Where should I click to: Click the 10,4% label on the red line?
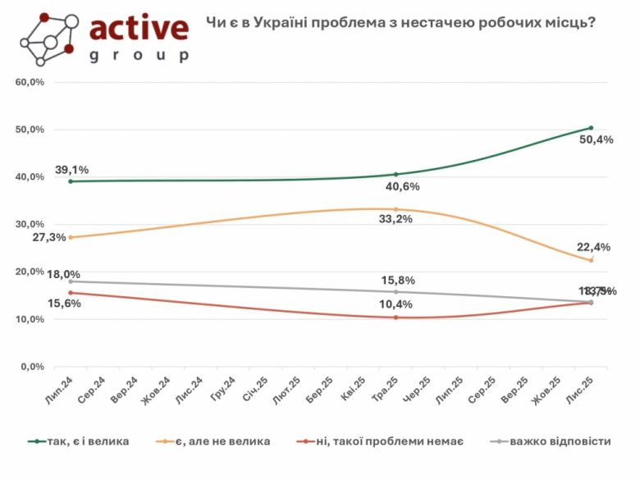(394, 305)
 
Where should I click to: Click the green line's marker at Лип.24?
(71, 181)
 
